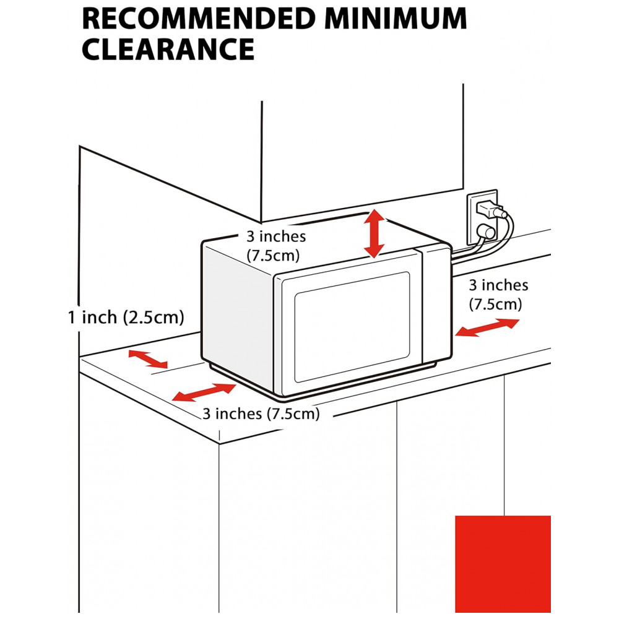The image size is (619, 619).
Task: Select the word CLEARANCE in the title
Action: pyautogui.click(x=168, y=49)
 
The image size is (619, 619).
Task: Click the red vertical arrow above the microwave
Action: pyautogui.click(x=374, y=233)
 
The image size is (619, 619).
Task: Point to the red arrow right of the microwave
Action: pyautogui.click(x=487, y=327)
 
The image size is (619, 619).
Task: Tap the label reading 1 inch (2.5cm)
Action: pyautogui.click(x=126, y=318)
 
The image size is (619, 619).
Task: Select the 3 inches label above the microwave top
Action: pyautogui.click(x=276, y=245)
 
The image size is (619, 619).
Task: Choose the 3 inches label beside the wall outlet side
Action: pyautogui.click(x=498, y=294)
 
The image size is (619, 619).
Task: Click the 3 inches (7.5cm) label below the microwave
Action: pyautogui.click(x=261, y=414)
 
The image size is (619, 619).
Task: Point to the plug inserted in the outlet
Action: pyautogui.click(x=493, y=210)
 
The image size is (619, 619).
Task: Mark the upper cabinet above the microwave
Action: pyautogui.click(x=362, y=149)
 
